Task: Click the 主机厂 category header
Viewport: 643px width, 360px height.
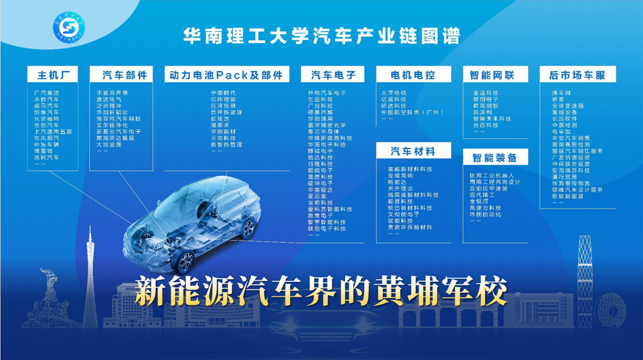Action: pos(54,74)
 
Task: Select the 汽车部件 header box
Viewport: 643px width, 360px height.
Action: pos(124,74)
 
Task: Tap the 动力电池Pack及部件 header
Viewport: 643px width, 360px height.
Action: pos(226,74)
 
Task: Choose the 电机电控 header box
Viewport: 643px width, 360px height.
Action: pos(413,74)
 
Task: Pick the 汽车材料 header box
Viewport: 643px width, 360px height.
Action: pos(413,151)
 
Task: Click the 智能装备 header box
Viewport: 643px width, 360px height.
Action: pos(495,158)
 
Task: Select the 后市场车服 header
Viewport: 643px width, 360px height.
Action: pos(577,74)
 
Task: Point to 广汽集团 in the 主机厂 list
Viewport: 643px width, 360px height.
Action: pos(46,93)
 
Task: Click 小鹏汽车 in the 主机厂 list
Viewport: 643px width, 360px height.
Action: pos(46,100)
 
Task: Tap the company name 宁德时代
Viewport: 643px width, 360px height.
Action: pos(223,93)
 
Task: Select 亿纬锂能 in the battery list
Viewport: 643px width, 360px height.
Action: pos(223,100)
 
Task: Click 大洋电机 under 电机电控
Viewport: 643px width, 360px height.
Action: pos(394,93)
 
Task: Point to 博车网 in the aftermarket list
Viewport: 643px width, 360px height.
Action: pos(561,93)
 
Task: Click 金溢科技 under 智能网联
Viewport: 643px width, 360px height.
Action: pos(485,93)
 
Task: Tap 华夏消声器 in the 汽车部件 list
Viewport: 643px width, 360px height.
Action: pos(112,93)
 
